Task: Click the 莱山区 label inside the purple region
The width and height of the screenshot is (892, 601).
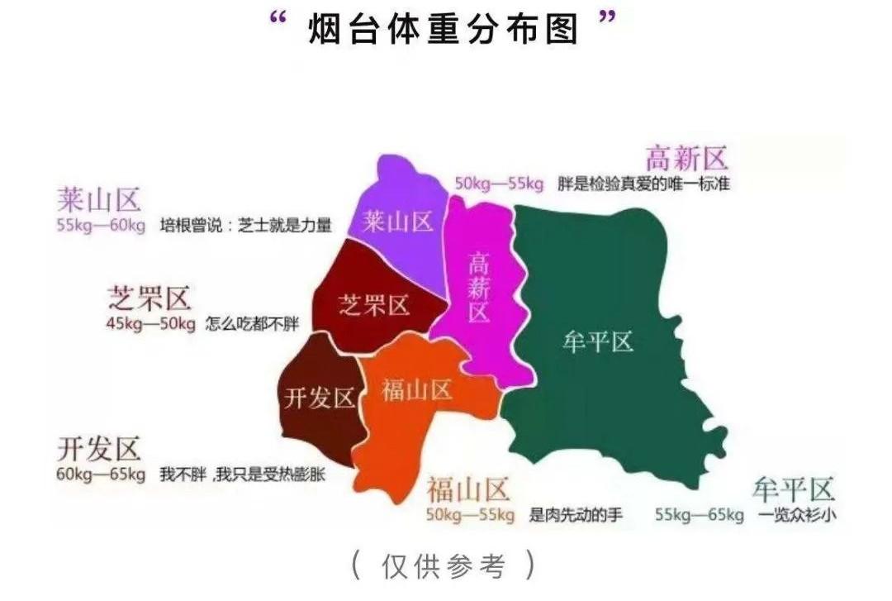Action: (x=399, y=221)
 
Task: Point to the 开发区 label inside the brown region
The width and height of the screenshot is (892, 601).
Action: (x=319, y=398)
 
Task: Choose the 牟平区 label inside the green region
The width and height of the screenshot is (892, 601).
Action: (x=597, y=341)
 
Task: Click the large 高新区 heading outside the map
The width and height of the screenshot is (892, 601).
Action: (x=686, y=158)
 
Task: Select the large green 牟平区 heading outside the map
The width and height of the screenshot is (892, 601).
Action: (x=794, y=490)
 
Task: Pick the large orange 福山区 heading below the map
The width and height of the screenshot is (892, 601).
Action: (x=467, y=490)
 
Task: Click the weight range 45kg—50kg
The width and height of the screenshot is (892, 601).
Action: (x=150, y=323)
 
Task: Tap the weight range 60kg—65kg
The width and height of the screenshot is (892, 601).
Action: (x=101, y=475)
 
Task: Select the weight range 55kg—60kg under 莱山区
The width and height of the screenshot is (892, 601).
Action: (x=101, y=225)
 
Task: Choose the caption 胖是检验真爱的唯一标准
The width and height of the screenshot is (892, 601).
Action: (x=643, y=184)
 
